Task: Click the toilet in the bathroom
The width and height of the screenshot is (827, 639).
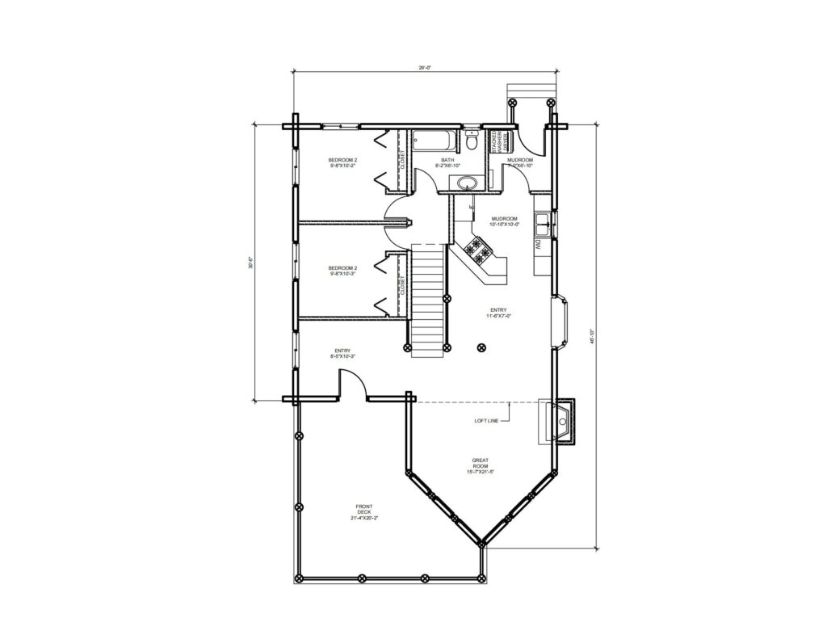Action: pyautogui.click(x=472, y=142)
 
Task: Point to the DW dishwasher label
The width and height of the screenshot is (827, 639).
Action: pyautogui.click(x=537, y=242)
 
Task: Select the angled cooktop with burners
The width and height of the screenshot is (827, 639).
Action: pyautogui.click(x=479, y=251)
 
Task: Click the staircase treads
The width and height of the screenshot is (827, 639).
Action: pyautogui.click(x=428, y=299)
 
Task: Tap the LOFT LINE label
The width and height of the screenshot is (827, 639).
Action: pyautogui.click(x=487, y=421)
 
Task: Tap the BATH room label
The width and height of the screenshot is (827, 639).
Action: pyautogui.click(x=447, y=162)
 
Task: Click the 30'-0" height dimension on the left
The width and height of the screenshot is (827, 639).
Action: pyautogui.click(x=252, y=263)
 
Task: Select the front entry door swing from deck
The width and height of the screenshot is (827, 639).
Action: pyautogui.click(x=352, y=385)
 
